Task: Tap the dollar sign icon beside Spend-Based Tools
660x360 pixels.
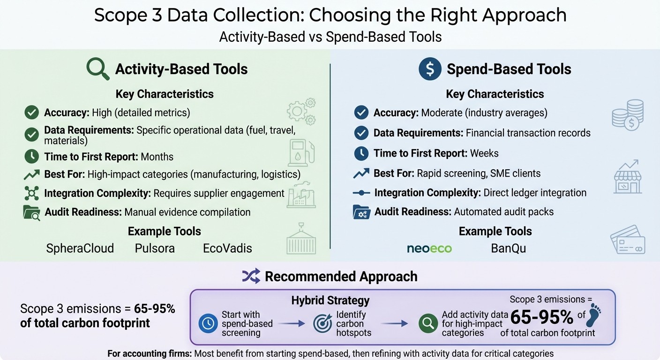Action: [430, 69]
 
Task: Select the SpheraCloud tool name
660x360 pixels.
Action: [80, 248]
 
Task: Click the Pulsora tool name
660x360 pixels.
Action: [155, 248]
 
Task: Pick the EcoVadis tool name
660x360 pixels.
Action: [227, 248]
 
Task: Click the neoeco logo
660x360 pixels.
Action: [429, 248]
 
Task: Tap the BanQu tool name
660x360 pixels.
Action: [508, 248]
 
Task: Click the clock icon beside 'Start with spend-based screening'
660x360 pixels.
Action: [208, 323]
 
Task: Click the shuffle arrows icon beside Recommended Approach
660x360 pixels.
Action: [251, 277]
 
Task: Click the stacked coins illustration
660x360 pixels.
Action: [628, 115]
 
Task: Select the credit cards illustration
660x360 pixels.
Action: [628, 240]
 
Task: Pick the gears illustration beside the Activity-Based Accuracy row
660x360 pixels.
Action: [301, 111]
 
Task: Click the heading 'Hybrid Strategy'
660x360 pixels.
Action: [330, 300]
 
